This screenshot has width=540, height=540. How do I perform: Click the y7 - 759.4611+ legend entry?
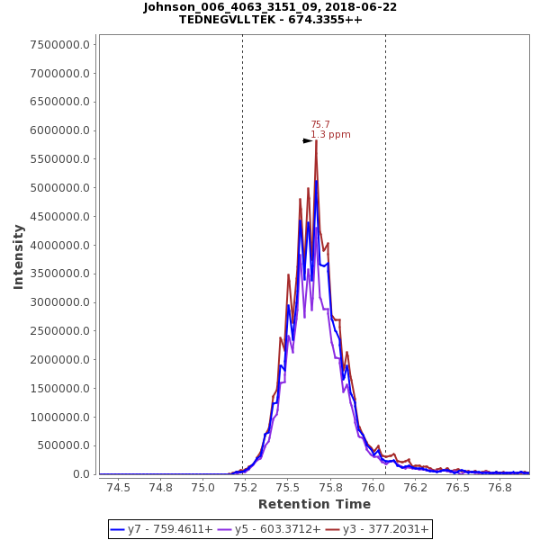(162, 529)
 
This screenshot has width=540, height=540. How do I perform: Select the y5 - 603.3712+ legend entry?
(269, 529)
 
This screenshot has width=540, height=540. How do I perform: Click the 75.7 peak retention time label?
(320, 124)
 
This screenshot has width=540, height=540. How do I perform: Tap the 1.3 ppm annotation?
(330, 135)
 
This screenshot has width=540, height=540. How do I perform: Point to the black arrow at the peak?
(307, 140)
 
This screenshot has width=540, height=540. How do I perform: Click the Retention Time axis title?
(314, 504)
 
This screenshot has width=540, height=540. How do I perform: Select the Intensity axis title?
(18, 256)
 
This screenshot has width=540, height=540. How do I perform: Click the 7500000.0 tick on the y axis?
(60, 45)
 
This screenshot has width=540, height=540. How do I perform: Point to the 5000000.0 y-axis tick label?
(60, 188)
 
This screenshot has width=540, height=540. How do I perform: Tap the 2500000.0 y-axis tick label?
(60, 331)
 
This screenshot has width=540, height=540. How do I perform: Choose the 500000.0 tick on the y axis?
(63, 445)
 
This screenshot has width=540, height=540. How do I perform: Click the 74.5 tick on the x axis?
(118, 487)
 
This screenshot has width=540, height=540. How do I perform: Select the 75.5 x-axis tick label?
(288, 487)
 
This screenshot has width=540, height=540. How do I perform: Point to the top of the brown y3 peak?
(316, 140)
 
